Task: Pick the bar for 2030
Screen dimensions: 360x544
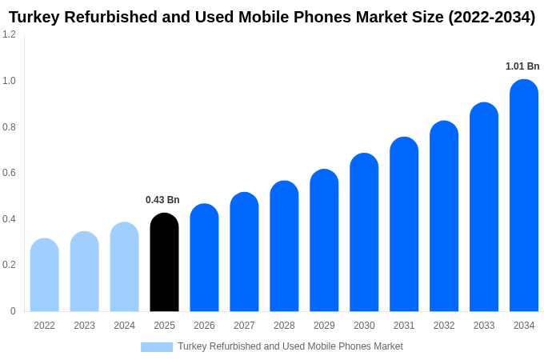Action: click(364, 233)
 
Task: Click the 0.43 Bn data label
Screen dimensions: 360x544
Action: click(162, 200)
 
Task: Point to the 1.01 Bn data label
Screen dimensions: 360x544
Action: click(522, 66)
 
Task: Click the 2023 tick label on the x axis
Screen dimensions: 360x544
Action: click(85, 326)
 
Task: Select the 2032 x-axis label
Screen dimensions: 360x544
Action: click(444, 326)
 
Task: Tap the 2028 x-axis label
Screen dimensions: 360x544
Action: click(284, 326)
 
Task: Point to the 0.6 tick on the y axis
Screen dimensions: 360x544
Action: click(9, 173)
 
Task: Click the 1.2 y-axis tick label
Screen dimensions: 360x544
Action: click(9, 34)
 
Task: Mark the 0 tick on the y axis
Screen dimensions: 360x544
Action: click(13, 311)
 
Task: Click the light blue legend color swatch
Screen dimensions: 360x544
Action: click(157, 346)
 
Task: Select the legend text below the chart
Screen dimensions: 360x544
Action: click(290, 346)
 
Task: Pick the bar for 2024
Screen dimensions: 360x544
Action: click(125, 267)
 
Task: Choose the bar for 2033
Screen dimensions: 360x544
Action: click(484, 207)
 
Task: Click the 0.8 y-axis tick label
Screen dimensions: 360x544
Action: click(9, 126)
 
